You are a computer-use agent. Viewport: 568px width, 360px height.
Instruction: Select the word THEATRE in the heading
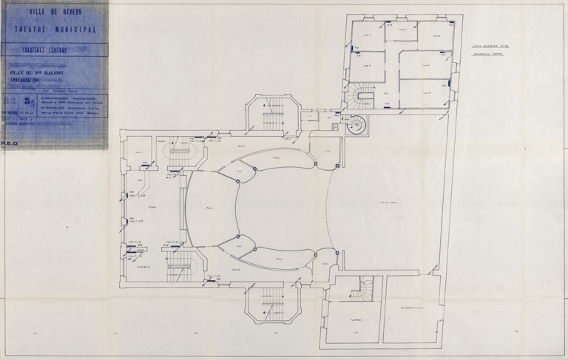(x=31, y=29)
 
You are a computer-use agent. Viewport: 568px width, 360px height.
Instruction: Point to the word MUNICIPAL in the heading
(x=77, y=29)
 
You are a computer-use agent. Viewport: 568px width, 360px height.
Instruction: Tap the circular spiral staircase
(x=356, y=125)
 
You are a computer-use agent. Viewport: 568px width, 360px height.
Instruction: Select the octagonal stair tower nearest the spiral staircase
(x=273, y=114)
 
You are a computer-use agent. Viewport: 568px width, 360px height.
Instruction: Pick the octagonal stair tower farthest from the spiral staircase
(x=273, y=302)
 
